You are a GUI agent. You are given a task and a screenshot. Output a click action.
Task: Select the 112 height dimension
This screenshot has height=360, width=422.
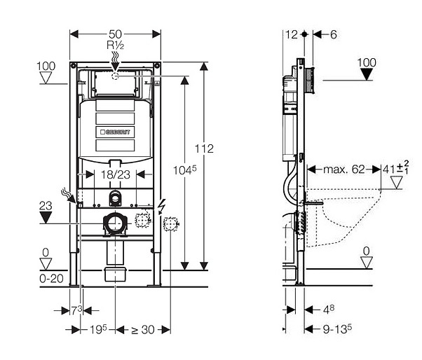[205, 148]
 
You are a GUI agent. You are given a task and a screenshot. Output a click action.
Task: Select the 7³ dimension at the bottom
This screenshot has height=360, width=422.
[76, 310]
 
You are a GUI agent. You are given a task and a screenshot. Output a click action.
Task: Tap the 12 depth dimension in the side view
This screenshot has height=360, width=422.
[292, 34]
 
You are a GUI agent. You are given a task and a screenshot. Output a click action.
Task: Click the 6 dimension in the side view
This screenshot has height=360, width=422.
[333, 34]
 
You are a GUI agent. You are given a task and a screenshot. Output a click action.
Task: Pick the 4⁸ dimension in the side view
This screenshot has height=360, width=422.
[327, 310]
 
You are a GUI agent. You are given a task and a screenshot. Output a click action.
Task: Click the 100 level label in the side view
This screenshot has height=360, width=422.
[367, 62]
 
